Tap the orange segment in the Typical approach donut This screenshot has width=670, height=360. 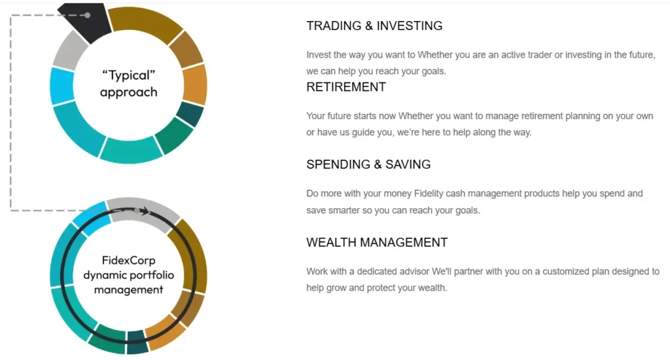194,84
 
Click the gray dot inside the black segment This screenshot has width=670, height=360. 88,15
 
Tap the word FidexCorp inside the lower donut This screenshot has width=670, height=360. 129,260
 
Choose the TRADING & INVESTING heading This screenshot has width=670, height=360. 374,26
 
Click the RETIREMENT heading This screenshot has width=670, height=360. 346,87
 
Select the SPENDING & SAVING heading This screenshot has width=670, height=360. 368,165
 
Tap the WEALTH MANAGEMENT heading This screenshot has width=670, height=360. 377,242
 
